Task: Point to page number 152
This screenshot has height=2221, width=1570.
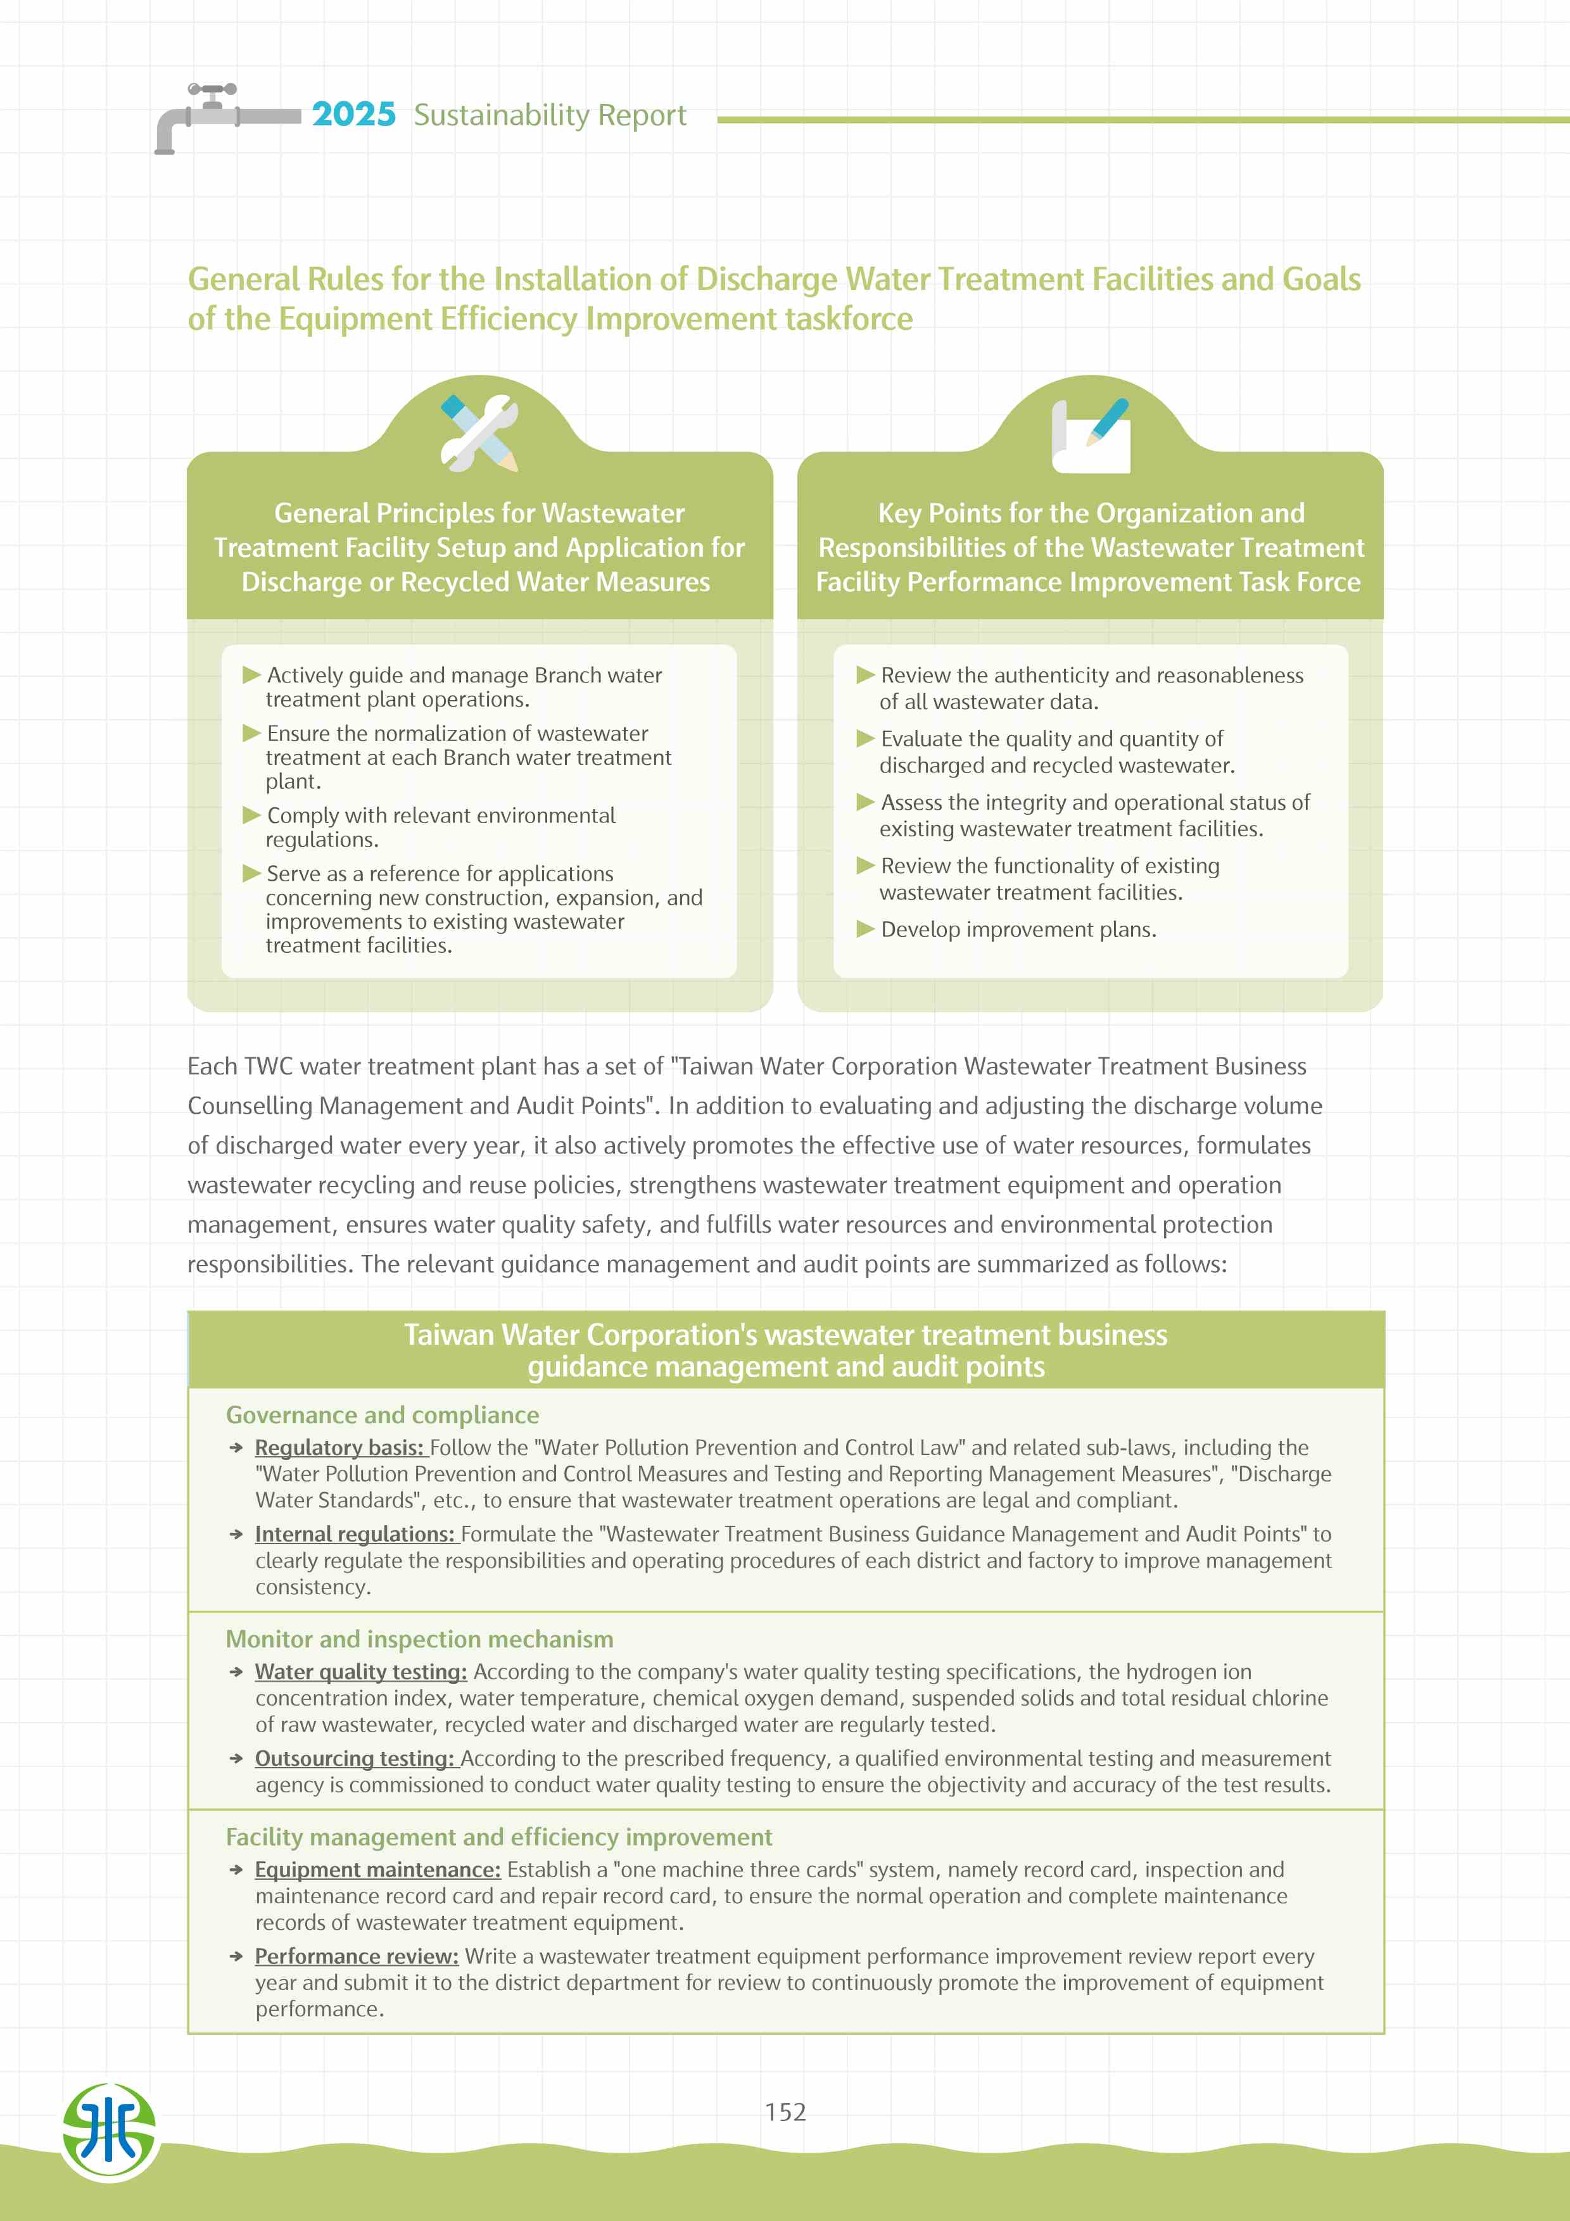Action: click(x=785, y=2111)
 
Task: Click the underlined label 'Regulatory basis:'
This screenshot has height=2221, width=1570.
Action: click(x=339, y=1447)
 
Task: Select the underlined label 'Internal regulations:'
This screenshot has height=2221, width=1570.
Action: click(x=354, y=1533)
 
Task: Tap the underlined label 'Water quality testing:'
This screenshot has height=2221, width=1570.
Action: click(x=361, y=1671)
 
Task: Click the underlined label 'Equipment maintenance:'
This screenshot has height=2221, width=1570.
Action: click(x=377, y=1869)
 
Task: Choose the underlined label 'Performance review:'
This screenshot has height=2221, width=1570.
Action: click(x=356, y=1955)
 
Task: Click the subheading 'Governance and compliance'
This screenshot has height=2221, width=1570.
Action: click(x=382, y=1414)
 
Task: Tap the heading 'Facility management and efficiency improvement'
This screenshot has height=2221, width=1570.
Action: click(x=498, y=1836)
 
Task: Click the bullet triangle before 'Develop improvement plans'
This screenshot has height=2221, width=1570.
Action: click(x=865, y=929)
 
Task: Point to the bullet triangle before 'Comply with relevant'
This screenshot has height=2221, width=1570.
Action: click(x=251, y=814)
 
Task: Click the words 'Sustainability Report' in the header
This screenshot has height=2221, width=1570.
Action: click(x=550, y=115)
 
